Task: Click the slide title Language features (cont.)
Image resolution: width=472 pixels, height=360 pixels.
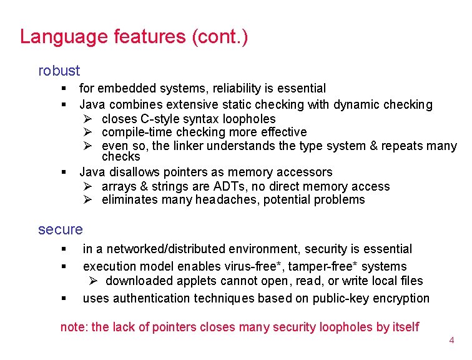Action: [134, 36]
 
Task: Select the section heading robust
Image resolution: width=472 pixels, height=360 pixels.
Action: [59, 71]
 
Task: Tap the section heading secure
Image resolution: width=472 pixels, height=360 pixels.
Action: [60, 229]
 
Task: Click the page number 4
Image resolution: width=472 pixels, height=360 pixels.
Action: [451, 341]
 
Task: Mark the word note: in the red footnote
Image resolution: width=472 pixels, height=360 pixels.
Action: [74, 327]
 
